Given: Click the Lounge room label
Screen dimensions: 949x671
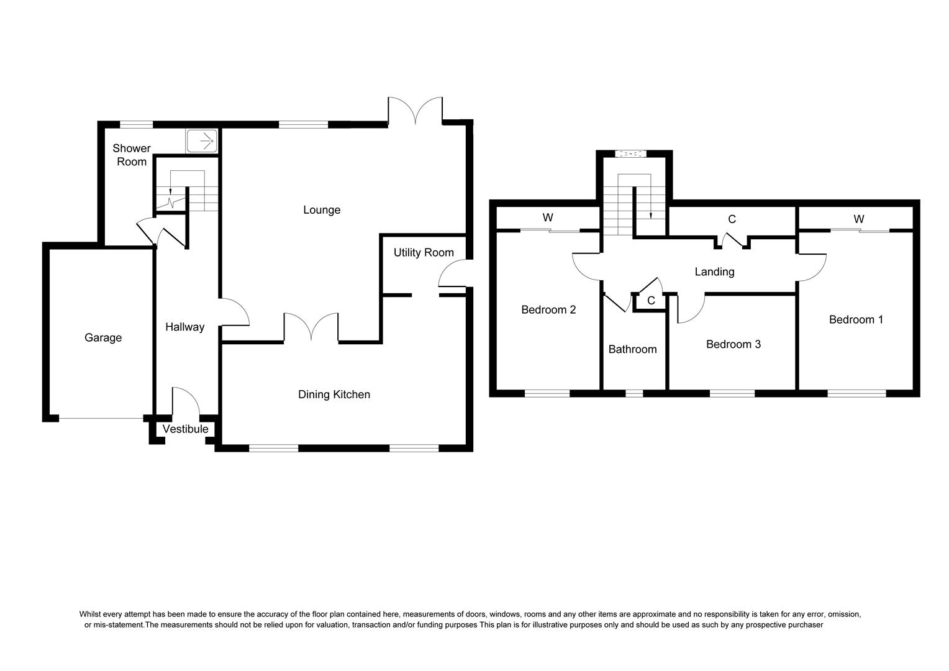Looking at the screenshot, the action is (322, 210).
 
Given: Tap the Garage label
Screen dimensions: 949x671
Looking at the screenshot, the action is (103, 337).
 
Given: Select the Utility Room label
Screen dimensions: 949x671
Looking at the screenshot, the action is (424, 253).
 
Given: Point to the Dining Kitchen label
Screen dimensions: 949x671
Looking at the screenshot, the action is (334, 395).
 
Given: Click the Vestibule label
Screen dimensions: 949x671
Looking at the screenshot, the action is (186, 429).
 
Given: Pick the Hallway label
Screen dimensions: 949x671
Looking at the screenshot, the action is (184, 327).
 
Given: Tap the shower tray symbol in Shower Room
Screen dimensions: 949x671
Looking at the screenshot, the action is (202, 141).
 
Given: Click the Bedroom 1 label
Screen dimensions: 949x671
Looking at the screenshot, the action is (856, 319).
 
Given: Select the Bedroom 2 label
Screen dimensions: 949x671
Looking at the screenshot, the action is (548, 310).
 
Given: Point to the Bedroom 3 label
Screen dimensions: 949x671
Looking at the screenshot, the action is (733, 344).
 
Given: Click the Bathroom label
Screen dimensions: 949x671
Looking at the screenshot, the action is (632, 349).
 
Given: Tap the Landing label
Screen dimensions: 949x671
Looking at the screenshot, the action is (714, 272).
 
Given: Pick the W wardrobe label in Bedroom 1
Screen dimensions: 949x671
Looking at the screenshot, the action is (859, 219).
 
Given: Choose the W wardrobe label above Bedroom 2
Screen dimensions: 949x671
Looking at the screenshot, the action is (548, 217).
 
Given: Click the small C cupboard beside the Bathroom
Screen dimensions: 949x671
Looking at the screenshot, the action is (651, 301).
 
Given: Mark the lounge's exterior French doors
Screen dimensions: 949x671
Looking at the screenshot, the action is (415, 111).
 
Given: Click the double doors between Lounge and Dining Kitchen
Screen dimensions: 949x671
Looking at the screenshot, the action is (311, 327).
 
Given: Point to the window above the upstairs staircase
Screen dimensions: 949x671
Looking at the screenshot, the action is (630, 153).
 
